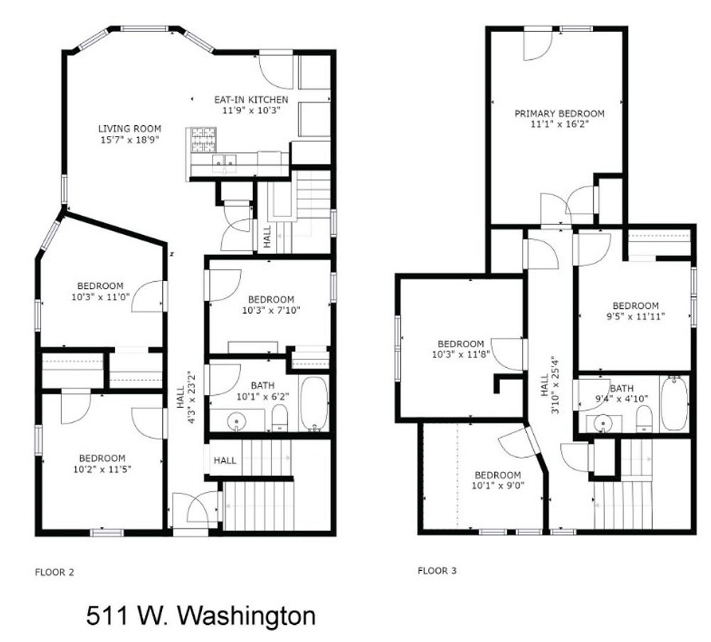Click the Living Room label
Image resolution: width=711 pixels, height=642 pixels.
pos(129,129)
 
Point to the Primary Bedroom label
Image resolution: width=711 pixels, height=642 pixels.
pos(560,113)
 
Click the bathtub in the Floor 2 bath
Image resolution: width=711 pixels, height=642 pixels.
pos(314,404)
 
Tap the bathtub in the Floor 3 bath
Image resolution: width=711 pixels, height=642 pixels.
pos(673,404)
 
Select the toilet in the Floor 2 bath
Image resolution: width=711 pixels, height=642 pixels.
pos(279,419)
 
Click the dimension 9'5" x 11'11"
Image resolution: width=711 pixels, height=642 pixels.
pos(636,318)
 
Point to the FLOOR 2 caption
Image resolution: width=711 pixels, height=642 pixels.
pos(54,572)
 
